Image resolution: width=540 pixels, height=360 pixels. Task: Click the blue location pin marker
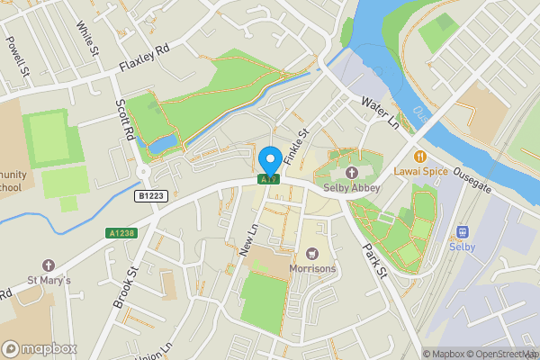click(x=269, y=162)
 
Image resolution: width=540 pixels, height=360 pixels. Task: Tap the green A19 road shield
click(x=269, y=180)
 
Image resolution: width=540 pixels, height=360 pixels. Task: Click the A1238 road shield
click(x=121, y=233)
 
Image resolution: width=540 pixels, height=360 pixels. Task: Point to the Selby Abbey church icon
click(x=351, y=172)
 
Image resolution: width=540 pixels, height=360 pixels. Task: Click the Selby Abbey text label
click(x=352, y=187)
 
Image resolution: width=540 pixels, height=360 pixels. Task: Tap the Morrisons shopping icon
click(x=312, y=254)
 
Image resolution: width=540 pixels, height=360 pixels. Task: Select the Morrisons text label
click(x=312, y=268)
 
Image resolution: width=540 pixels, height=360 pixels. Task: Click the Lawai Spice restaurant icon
click(x=420, y=154)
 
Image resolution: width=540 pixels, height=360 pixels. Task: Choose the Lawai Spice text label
click(x=420, y=169)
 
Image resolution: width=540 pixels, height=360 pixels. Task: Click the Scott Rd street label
click(x=124, y=126)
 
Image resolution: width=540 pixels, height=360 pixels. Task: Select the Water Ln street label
click(x=380, y=112)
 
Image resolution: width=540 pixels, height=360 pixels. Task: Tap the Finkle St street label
click(x=295, y=146)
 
